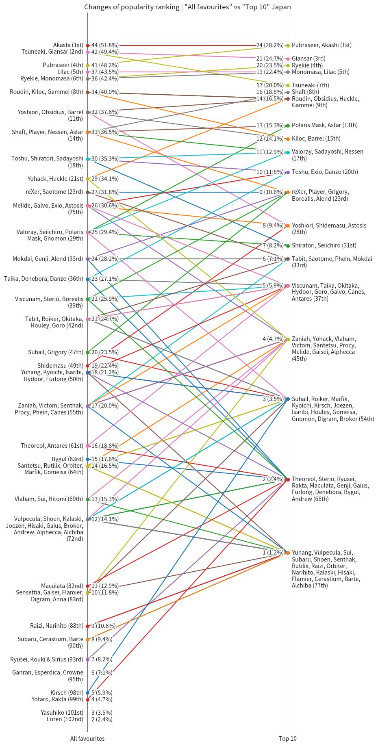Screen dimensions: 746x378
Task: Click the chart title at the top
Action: point(187,7)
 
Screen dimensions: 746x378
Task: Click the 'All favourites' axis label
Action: point(87,739)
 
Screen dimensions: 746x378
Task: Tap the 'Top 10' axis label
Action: point(288,739)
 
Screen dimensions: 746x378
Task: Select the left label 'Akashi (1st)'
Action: point(68,45)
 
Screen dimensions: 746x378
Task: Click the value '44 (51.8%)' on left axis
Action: point(105,46)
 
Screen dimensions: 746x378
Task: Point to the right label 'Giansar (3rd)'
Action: point(308,59)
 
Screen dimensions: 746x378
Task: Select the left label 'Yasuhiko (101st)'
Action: point(62,712)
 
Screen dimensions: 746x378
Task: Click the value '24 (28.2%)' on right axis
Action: point(270,46)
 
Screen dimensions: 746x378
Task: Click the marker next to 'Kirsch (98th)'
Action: point(88,693)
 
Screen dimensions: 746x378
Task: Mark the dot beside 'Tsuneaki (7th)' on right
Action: point(288,85)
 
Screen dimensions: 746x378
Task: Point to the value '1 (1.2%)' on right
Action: point(273,553)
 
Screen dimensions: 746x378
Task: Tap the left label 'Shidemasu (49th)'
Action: point(60,366)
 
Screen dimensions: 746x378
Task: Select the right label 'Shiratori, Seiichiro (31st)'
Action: point(324,245)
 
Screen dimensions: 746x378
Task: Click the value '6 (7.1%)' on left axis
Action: point(102,673)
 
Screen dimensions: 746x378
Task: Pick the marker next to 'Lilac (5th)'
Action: point(88,72)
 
